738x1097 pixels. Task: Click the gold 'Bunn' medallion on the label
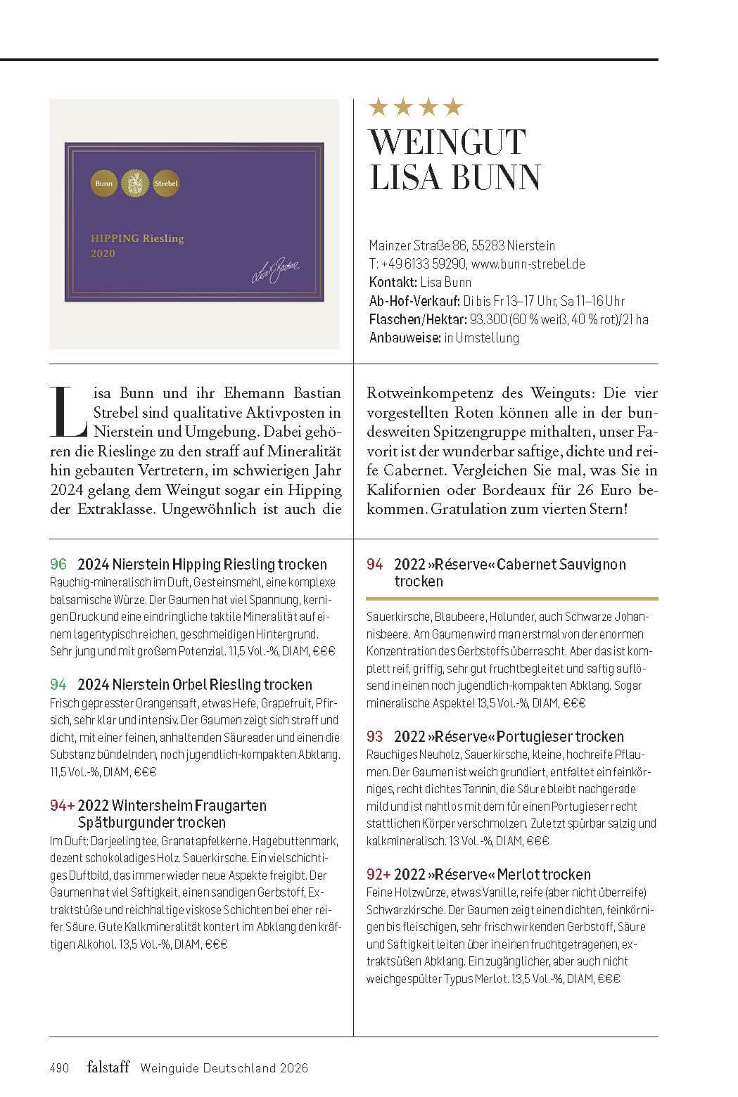pos(103,184)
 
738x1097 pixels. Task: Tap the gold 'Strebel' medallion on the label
pos(166,184)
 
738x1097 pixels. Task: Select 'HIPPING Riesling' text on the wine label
pos(137,238)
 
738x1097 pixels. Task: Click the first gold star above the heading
pos(379,107)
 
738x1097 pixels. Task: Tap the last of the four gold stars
pos(453,107)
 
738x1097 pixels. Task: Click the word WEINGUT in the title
pos(447,142)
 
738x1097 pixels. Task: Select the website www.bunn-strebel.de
pos(528,264)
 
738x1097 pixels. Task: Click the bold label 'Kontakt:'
pos(392,283)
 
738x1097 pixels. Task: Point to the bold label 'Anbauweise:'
pos(404,338)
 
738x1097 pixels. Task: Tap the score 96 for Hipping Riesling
pos(58,564)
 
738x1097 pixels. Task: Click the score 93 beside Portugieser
pos(375,736)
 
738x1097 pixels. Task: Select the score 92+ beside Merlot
pos(378,874)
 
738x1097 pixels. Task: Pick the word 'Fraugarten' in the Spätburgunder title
pos(230,805)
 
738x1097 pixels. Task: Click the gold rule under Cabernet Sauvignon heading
pos(512,598)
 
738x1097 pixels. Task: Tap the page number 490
pos(59,1068)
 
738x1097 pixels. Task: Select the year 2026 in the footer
pos(292,1068)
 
